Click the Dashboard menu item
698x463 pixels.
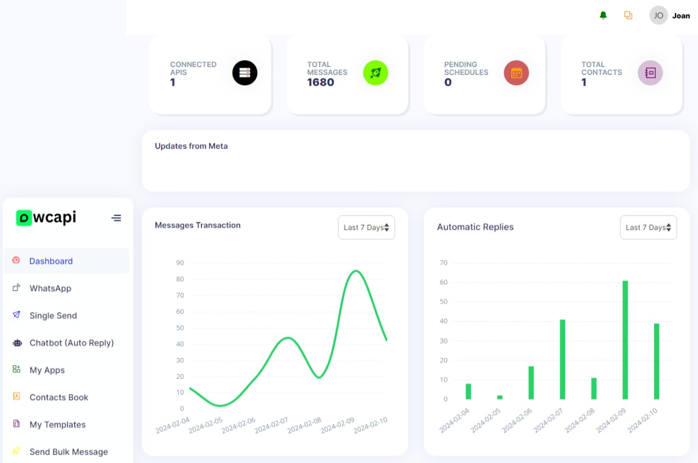[x=51, y=261]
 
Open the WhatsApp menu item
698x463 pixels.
[x=50, y=288]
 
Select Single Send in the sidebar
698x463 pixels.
[x=53, y=315]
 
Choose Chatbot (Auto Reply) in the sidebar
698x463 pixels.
[x=71, y=343]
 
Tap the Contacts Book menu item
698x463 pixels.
[x=59, y=398]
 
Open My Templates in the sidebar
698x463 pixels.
[x=57, y=425]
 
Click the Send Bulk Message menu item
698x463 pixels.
[x=69, y=452]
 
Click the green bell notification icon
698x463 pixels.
[x=603, y=15]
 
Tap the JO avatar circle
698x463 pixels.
[x=658, y=15]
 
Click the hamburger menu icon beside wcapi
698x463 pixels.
[x=116, y=218]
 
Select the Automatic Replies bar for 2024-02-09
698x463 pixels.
[x=625, y=340]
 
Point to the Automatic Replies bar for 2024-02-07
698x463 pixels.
[x=562, y=359]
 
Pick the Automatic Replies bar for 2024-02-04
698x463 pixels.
[x=468, y=391]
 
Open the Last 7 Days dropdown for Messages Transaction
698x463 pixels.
[x=366, y=228]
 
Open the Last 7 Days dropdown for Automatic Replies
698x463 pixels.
[x=648, y=228]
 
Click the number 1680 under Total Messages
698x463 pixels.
[x=320, y=82]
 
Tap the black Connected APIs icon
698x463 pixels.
[x=245, y=73]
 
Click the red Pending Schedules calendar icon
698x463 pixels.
[x=516, y=73]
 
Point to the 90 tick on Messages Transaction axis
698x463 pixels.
[x=180, y=262]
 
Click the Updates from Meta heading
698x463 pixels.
[x=191, y=146]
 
